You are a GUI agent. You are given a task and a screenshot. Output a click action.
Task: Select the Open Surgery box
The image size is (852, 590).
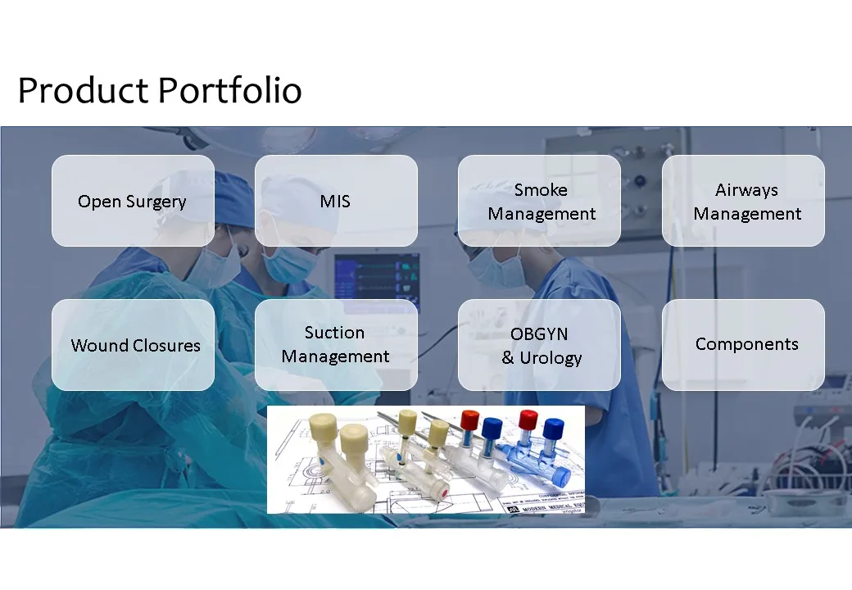(x=133, y=201)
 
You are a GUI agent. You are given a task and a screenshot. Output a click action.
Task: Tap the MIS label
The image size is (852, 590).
(x=335, y=201)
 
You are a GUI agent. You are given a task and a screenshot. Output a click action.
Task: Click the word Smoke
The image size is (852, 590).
(x=541, y=189)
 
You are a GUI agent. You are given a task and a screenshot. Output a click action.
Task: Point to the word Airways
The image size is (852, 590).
(x=746, y=189)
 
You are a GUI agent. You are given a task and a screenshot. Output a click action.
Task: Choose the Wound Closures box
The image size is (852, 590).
(x=133, y=345)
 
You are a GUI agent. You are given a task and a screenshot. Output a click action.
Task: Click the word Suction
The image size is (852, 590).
(x=334, y=333)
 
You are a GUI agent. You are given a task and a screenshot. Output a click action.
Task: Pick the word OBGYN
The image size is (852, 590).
(x=539, y=334)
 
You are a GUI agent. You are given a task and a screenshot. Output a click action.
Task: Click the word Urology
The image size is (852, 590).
(x=551, y=358)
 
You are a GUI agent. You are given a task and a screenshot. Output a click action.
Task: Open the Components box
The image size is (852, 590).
(x=743, y=345)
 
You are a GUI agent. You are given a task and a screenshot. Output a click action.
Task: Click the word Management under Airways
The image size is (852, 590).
(x=747, y=214)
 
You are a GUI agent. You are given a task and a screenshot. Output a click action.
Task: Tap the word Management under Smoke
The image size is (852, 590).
(x=542, y=214)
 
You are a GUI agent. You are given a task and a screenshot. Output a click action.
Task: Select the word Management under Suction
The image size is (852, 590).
(x=335, y=356)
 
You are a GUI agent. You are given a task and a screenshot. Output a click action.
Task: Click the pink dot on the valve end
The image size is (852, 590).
(x=445, y=493)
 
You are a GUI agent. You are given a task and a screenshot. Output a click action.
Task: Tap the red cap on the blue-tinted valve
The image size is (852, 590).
(x=528, y=420)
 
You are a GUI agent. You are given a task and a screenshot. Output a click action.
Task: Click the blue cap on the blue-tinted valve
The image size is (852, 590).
(x=554, y=429)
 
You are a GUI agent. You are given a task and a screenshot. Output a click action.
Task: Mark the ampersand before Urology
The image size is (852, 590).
(x=507, y=357)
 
